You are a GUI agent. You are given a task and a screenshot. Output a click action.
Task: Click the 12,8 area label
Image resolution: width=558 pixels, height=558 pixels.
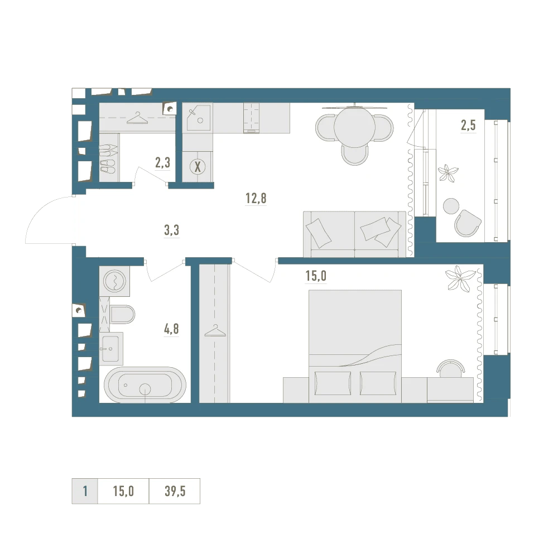click(256, 198)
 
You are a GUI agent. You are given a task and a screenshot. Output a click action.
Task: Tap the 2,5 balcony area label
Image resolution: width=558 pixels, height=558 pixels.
click(468, 125)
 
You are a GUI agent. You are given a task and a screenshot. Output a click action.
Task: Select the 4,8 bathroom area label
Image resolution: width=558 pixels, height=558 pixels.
click(171, 329)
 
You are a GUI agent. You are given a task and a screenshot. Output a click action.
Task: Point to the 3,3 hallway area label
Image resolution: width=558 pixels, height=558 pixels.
click(171, 230)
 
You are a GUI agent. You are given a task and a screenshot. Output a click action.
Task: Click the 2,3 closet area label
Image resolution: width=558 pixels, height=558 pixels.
click(162, 162)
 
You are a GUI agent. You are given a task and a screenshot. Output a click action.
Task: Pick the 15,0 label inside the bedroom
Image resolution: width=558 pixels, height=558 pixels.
click(316, 276)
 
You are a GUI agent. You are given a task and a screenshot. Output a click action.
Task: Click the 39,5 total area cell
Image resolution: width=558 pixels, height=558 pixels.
click(175, 491)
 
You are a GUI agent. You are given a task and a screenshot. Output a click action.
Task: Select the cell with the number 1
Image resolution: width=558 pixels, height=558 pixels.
click(85, 491)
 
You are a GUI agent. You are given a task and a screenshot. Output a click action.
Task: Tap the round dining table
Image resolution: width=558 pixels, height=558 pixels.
click(354, 127)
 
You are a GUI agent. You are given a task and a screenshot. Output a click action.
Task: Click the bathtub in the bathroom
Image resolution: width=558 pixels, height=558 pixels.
click(145, 385)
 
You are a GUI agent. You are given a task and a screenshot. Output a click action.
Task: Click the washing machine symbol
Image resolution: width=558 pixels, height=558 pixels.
click(114, 281)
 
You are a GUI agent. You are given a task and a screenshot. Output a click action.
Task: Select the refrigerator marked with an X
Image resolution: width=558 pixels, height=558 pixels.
click(198, 166)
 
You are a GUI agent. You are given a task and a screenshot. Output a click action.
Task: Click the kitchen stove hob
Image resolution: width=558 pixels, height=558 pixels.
click(251, 118)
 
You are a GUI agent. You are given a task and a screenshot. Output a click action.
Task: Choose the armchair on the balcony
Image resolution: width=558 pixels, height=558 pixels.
click(468, 223)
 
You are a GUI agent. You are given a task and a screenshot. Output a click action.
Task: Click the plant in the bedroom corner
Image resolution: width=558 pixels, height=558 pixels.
click(460, 278)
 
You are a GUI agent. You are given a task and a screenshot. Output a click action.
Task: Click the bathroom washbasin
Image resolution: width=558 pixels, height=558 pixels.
click(111, 349)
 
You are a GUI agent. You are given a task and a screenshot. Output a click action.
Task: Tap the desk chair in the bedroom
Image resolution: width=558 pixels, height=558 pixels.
click(450, 368)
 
